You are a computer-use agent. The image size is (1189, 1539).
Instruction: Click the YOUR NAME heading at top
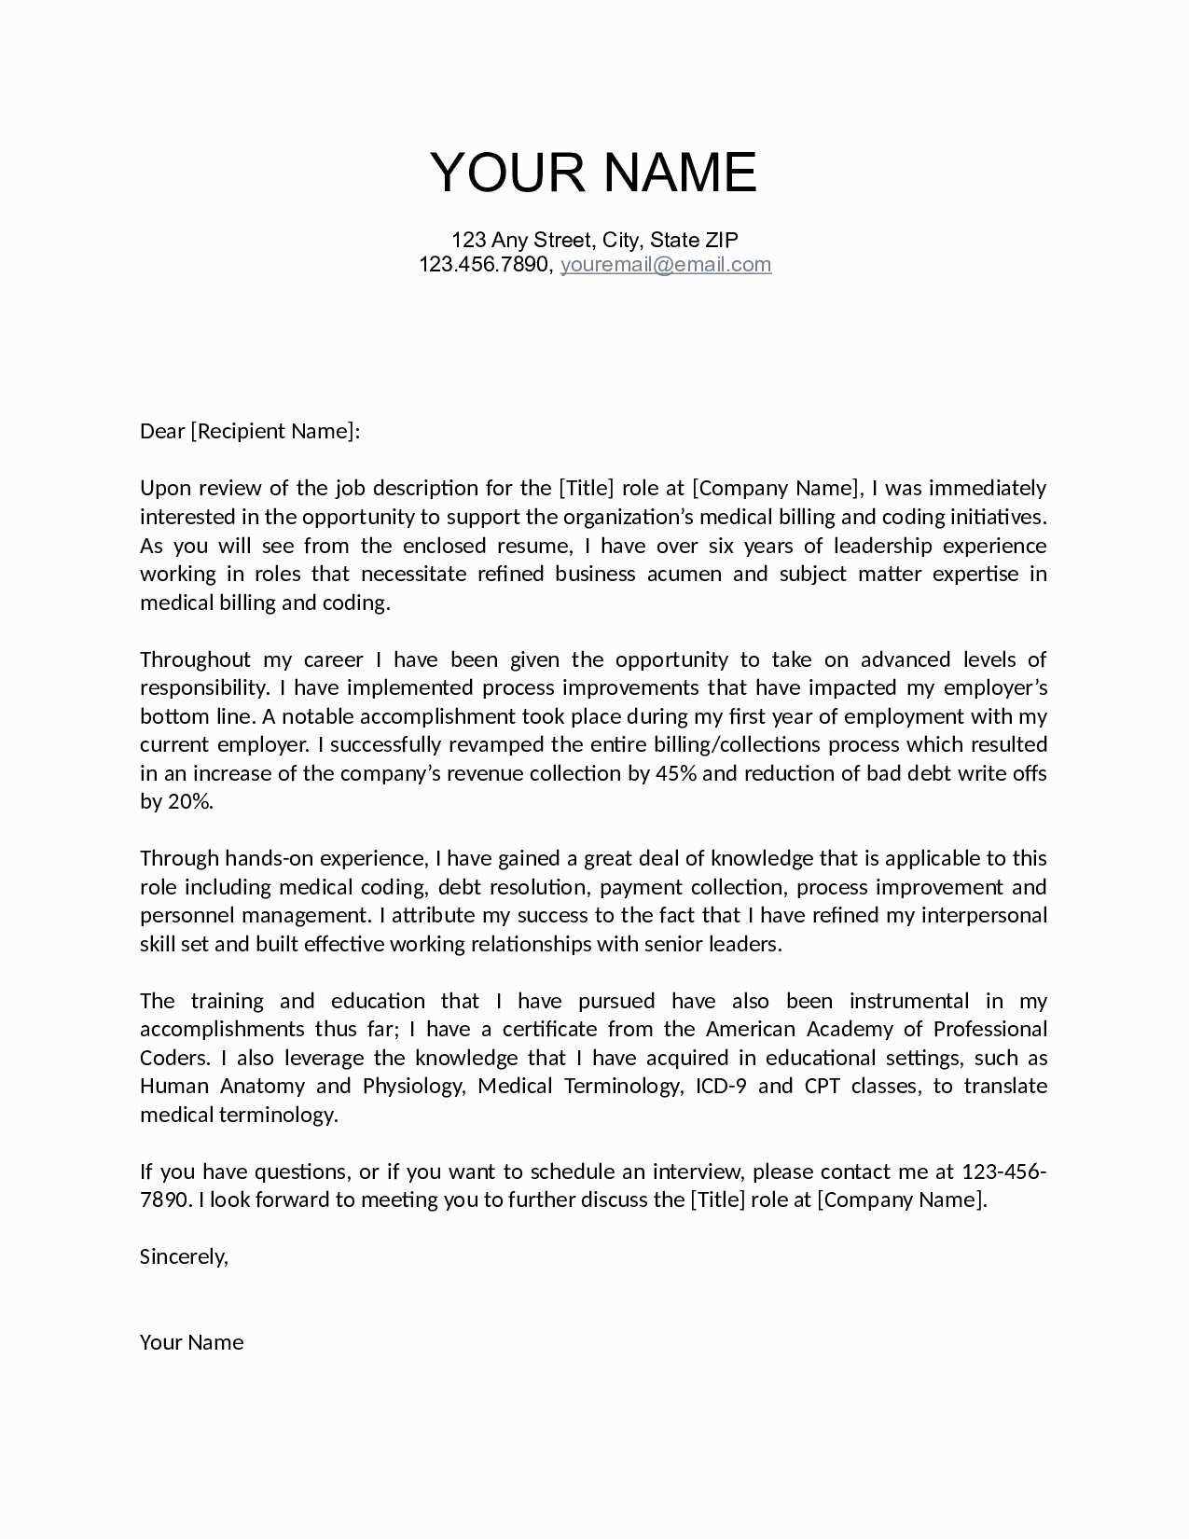pyautogui.click(x=593, y=173)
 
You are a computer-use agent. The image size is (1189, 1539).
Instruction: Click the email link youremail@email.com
pyautogui.click(x=665, y=264)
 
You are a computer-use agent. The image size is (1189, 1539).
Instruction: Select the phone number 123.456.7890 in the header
pyautogui.click(x=484, y=264)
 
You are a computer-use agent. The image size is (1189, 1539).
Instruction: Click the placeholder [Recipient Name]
pyautogui.click(x=273, y=431)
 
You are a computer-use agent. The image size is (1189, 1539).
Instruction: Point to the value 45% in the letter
pyautogui.click(x=676, y=773)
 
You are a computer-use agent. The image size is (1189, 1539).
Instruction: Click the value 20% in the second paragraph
pyautogui.click(x=188, y=801)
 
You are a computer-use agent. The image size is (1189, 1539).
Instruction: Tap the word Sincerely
pyautogui.click(x=184, y=1256)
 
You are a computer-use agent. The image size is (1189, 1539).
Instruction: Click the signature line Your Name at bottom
pyautogui.click(x=191, y=1342)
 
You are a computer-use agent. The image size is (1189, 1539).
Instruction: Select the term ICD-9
pyautogui.click(x=721, y=1086)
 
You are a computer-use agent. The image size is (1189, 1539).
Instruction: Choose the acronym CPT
pyautogui.click(x=822, y=1086)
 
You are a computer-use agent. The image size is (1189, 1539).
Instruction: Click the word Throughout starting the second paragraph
pyautogui.click(x=195, y=659)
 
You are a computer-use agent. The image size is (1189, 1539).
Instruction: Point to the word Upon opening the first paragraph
pyautogui.click(x=164, y=488)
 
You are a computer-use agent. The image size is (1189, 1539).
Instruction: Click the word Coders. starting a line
pyautogui.click(x=174, y=1058)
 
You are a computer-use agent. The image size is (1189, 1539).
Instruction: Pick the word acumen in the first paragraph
pyautogui.click(x=684, y=574)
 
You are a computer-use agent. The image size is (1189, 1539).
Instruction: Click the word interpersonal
pyautogui.click(x=984, y=915)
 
